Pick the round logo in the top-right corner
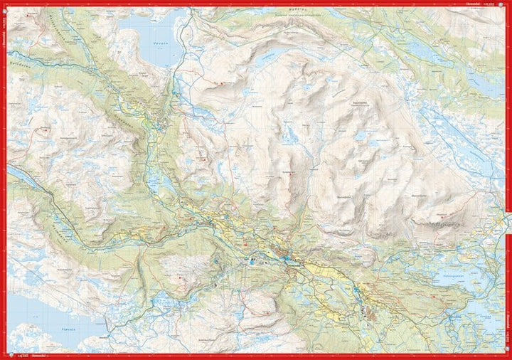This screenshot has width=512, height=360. tap(506, 4)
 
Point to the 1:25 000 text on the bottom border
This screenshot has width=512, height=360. tap(21, 355)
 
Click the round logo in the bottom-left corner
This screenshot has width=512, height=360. tap(6, 355)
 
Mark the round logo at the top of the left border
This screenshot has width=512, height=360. tap(4, 7)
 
